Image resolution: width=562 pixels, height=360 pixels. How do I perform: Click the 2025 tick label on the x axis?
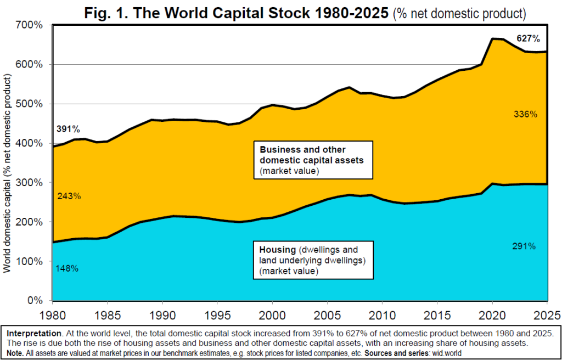click(x=547, y=315)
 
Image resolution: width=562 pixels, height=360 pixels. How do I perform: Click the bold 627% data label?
click(x=528, y=38)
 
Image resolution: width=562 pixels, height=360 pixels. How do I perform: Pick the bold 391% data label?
click(x=68, y=130)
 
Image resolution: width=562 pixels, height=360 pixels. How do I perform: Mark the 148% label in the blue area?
click(x=67, y=268)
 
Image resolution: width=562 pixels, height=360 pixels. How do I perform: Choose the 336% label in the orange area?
click(x=525, y=114)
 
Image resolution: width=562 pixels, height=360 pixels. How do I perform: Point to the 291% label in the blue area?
click(x=524, y=246)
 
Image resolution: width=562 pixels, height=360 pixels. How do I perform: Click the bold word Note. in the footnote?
click(x=15, y=353)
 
